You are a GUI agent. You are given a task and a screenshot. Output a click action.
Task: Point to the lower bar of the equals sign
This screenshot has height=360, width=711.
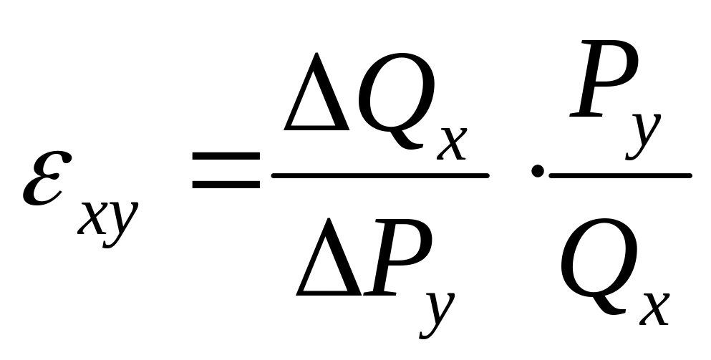point(226,184)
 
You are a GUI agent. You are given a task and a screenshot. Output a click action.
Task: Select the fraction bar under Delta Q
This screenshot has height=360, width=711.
point(379,173)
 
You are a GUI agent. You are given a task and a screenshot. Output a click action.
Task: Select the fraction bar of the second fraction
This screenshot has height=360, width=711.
point(620,173)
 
